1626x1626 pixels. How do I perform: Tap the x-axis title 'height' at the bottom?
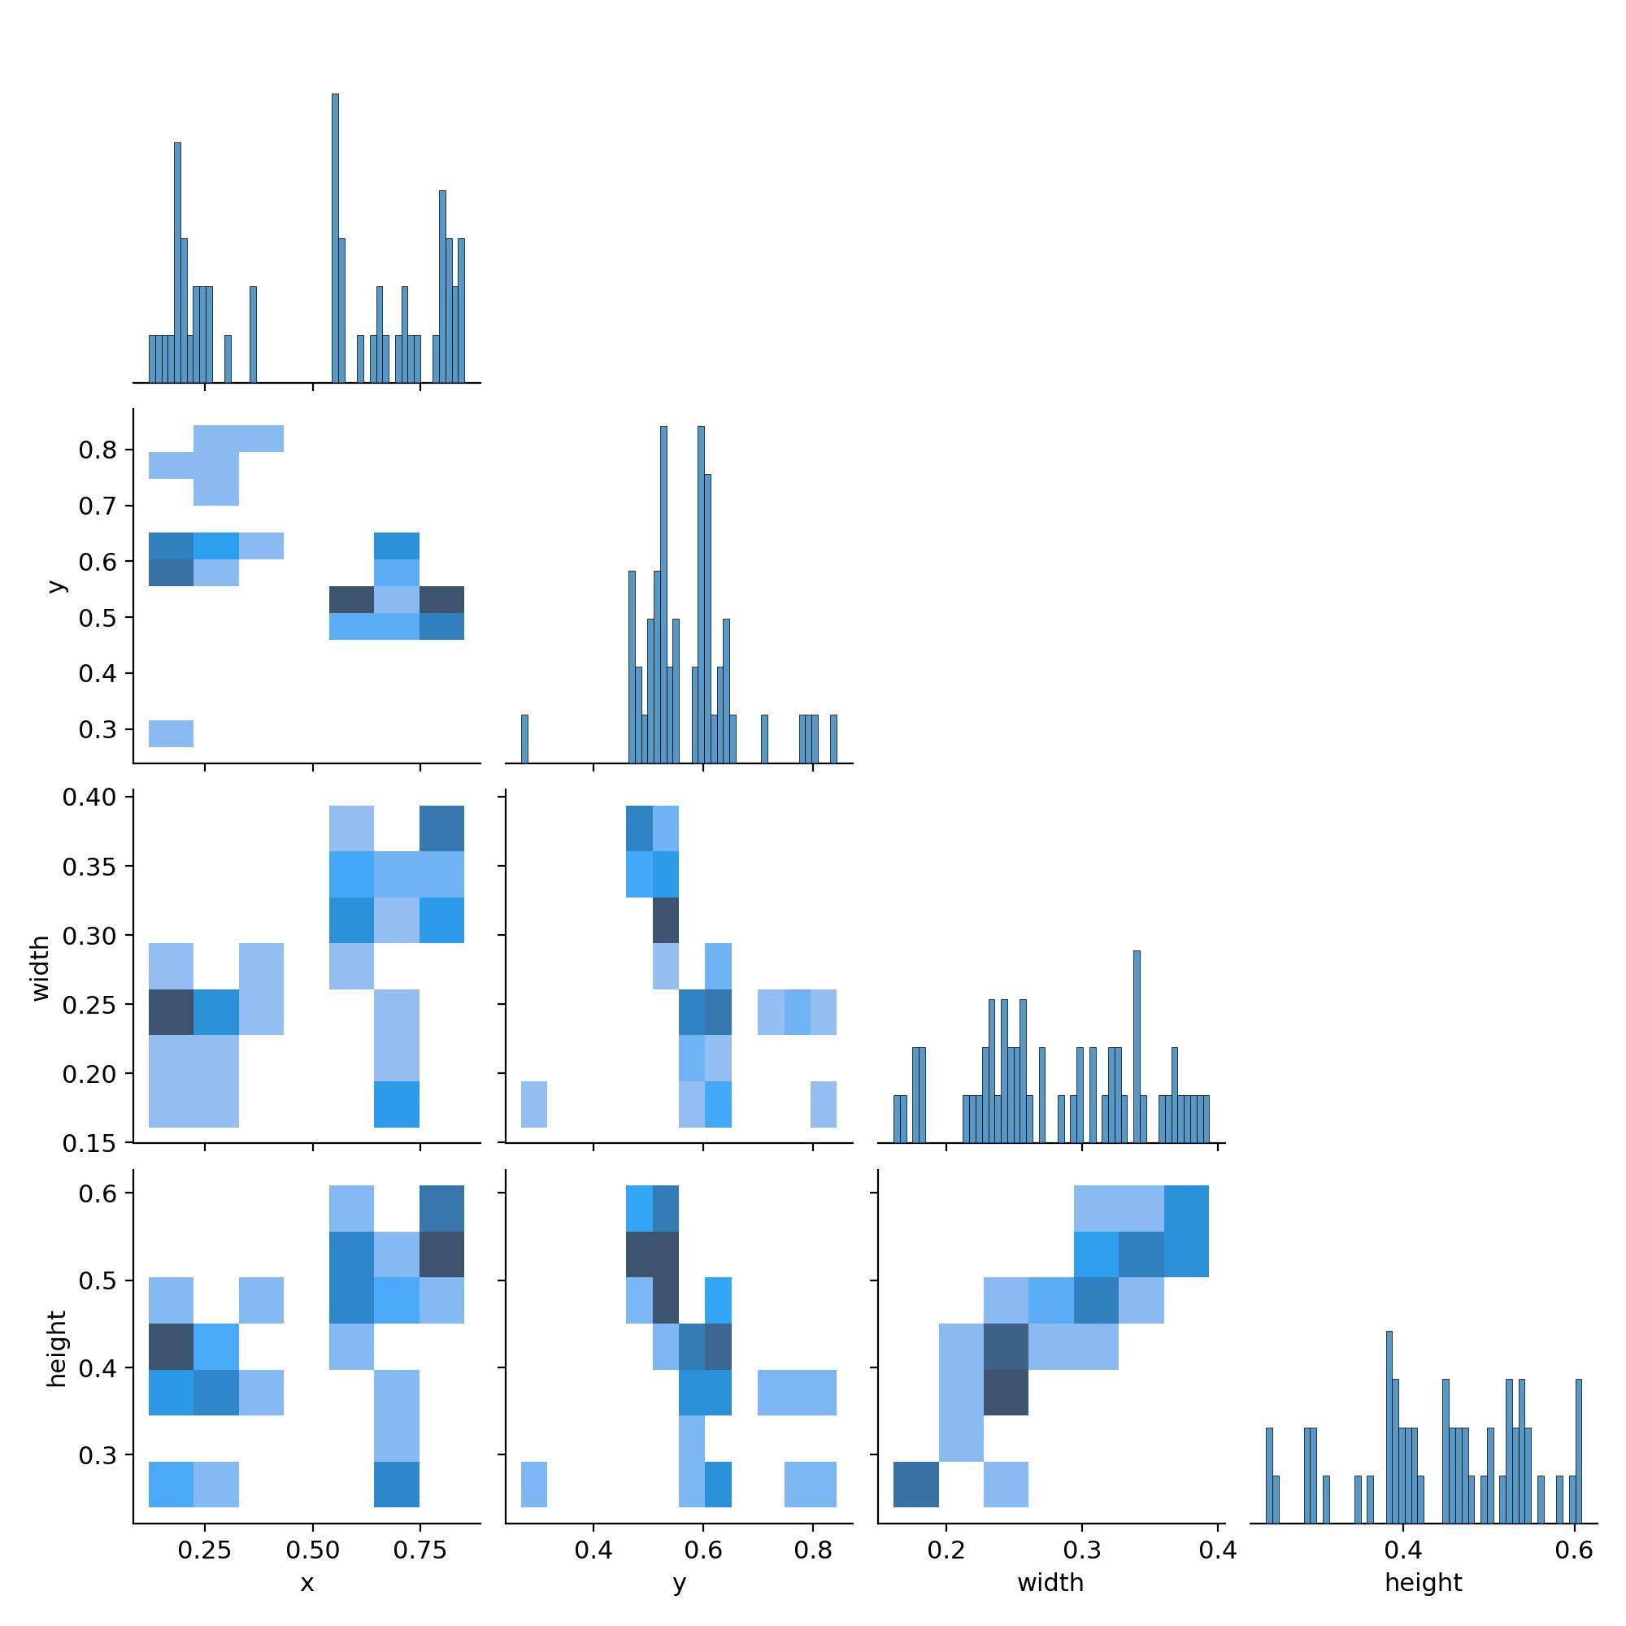[x=1424, y=1583]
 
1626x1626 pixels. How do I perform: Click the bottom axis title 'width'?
[x=1050, y=1583]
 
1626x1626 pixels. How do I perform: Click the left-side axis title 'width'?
[x=41, y=969]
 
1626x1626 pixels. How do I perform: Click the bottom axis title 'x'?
[x=307, y=1583]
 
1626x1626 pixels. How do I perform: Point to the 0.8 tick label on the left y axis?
[x=98, y=450]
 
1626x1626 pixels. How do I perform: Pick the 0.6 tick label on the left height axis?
[x=98, y=1193]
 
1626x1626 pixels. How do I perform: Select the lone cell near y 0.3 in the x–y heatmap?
[x=171, y=733]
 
